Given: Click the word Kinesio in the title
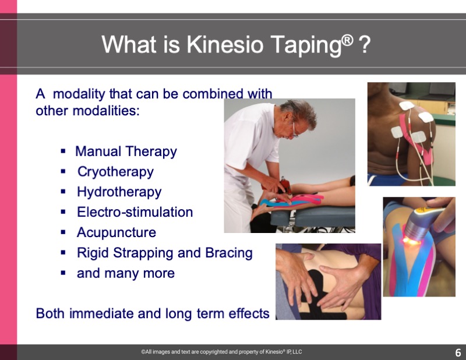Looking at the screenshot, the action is point(225,44).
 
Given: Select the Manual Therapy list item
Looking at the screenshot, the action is point(126,151).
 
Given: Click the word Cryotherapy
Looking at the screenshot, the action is point(115,172).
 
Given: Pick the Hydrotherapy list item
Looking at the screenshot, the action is point(119,192).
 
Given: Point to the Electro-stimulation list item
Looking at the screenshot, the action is point(135,212).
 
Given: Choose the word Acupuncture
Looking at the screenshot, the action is point(116,232).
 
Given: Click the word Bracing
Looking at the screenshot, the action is point(229,253).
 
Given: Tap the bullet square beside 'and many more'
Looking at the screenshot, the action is point(63,273).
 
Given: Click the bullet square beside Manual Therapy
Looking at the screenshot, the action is point(63,151).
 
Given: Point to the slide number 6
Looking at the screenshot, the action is point(458,352).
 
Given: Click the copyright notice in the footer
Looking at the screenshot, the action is point(222,352).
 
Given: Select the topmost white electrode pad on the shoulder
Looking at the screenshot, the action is point(407,105).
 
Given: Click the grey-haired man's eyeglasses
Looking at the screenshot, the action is point(294,131).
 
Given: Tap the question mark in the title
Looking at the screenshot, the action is point(365,44).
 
